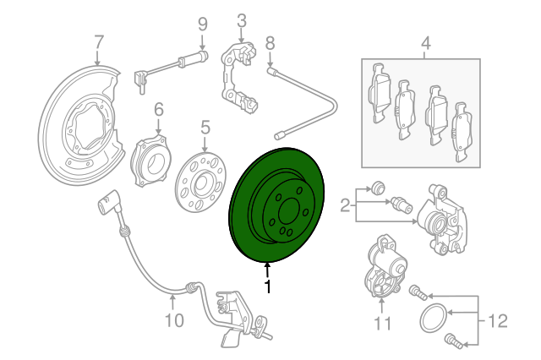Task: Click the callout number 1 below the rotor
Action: pos(269,287)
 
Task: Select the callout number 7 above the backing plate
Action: pos(98,41)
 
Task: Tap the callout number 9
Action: pos(202,23)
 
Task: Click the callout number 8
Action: pos(270,41)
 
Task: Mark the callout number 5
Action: pos(204,127)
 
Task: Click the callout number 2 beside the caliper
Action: pos(346,204)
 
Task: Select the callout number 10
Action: pos(172,319)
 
